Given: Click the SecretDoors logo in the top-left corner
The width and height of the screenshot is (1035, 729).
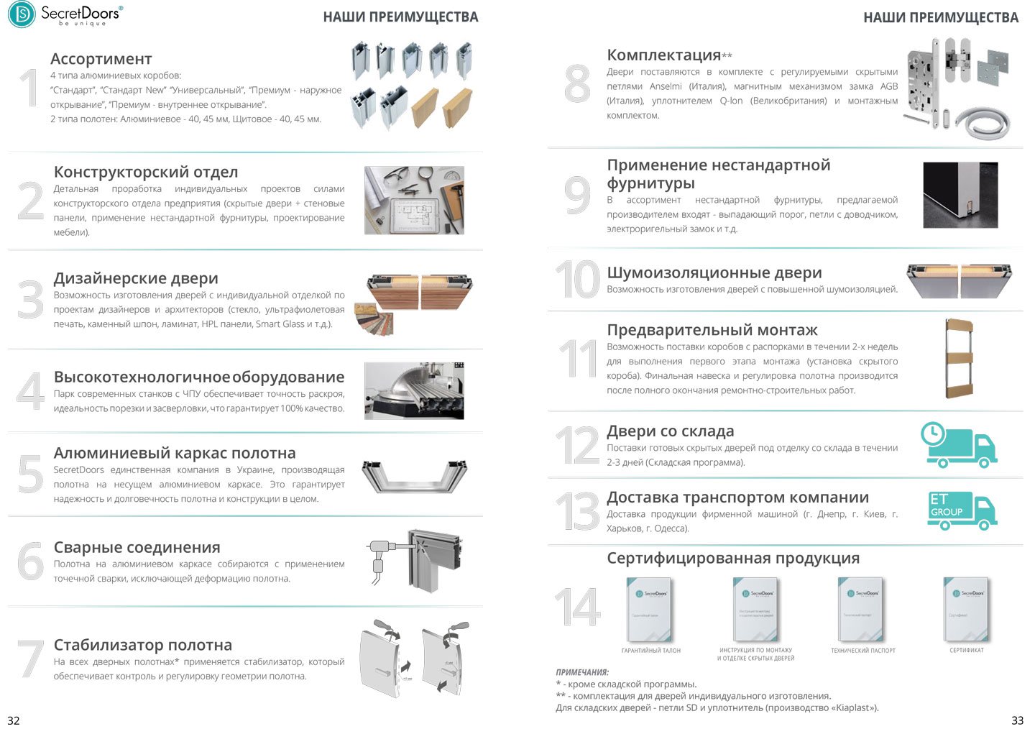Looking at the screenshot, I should tap(64, 14).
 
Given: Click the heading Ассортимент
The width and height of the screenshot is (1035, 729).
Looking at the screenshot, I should tap(101, 59).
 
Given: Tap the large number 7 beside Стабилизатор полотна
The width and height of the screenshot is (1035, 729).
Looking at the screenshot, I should tap(29, 659).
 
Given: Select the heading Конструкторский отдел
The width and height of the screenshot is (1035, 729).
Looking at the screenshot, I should tap(145, 172).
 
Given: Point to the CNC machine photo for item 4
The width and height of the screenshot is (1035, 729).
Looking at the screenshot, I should tap(413, 390).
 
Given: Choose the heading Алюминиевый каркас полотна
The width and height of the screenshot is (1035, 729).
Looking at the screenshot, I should tap(175, 453).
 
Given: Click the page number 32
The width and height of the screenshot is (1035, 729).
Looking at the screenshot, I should tap(13, 720).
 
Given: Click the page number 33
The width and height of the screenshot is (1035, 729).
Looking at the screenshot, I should tap(1017, 720).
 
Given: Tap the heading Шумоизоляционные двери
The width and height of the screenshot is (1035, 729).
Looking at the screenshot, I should tap(714, 272).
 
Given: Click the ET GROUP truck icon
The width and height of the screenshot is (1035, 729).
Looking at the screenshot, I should tap(961, 510).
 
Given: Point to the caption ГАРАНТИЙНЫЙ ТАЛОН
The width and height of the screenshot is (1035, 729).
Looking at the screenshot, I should tap(650, 651).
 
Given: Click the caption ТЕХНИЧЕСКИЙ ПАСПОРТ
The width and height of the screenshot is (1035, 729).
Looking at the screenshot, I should tap(862, 651).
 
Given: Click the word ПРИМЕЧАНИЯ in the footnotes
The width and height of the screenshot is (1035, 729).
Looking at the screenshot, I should tap(581, 672).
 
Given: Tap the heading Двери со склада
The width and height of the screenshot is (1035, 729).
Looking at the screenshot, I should tap(670, 431).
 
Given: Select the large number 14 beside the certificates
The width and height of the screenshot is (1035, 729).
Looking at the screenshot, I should tap(577, 607).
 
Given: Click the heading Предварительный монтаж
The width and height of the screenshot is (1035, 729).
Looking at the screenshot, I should tap(712, 330).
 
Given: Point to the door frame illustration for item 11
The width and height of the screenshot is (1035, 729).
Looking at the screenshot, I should tap(959, 359).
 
